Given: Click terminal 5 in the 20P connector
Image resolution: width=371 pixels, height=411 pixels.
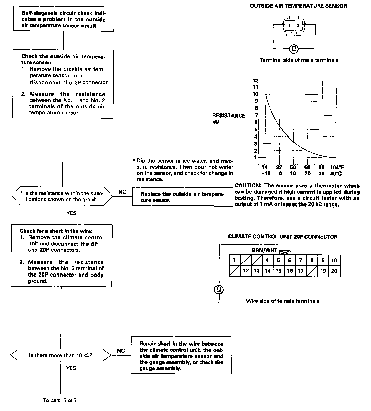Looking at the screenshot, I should (279, 260).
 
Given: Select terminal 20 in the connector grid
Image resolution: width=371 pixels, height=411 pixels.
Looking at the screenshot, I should (334, 271).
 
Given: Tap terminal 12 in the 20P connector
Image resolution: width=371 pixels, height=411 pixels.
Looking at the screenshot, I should (246, 271).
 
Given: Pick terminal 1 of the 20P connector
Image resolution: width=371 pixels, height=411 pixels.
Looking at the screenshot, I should (234, 260).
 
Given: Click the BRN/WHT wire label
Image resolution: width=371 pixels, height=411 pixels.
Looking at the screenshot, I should (264, 251).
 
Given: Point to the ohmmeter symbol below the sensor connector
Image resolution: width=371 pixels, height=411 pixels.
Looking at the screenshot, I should (293, 48).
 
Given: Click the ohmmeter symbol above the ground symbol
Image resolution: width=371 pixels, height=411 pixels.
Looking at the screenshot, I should (219, 289).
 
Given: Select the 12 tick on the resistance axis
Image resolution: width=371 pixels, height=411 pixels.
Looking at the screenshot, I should (255, 81).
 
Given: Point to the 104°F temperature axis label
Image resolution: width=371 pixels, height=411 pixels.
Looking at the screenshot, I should (337, 167).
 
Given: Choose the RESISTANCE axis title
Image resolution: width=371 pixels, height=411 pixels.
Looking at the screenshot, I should (229, 116).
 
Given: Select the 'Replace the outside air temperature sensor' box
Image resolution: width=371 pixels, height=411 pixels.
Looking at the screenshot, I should (182, 197).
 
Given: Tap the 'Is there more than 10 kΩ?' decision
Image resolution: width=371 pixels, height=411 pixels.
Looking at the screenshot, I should (60, 355).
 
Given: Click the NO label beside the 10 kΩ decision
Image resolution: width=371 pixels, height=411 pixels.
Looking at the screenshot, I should (121, 351).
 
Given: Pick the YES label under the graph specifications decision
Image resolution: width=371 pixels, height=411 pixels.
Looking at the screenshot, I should (71, 213).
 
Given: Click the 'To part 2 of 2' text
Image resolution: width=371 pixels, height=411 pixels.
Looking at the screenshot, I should (60, 400).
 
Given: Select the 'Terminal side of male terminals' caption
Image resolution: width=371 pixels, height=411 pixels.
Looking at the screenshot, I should (299, 60).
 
